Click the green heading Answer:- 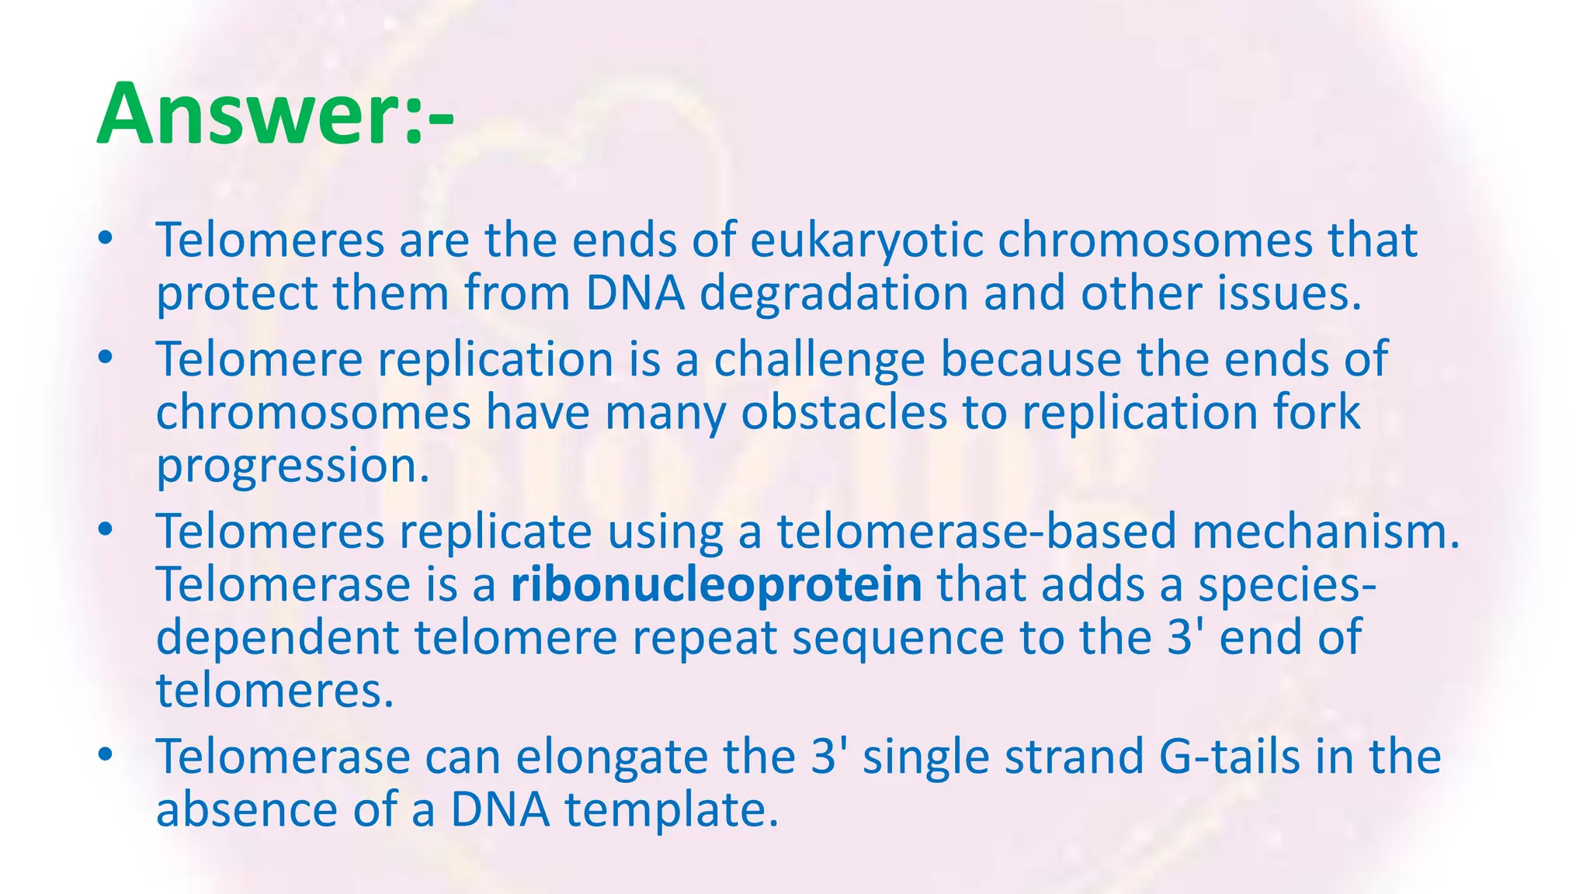[276, 115]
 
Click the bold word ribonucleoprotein [716, 585]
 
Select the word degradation [834, 294]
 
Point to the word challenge [819, 360]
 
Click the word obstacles [844, 413]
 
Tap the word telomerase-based [977, 532]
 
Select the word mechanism [1325, 532]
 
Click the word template [671, 810]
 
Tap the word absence [247, 810]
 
